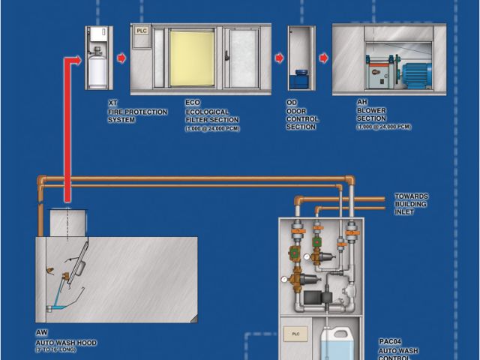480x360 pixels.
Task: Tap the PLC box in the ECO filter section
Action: (x=142, y=31)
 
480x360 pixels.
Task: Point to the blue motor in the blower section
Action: (x=415, y=73)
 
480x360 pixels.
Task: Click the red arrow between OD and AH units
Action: (x=323, y=58)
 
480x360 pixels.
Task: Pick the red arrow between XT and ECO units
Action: (x=121, y=58)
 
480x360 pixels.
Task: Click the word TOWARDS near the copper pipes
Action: (x=411, y=196)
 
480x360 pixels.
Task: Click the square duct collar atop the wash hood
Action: (x=68, y=221)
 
